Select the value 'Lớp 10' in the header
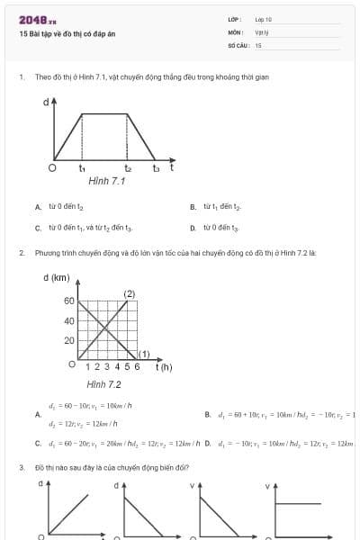pyautogui.click(x=264, y=19)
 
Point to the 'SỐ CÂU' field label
pyautogui.click(x=237, y=44)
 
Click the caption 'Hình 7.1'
pyautogui.click(x=106, y=181)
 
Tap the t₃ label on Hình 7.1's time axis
pyautogui.click(x=156, y=168)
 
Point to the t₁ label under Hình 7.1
pyautogui.click(x=82, y=168)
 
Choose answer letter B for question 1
pyautogui.click(x=193, y=207)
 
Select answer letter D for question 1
pyautogui.click(x=193, y=228)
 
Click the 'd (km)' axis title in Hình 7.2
pyautogui.click(x=57, y=278)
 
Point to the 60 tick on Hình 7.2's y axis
pyautogui.click(x=68, y=300)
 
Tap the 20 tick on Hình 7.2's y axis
pyautogui.click(x=68, y=340)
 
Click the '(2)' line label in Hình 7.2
pyautogui.click(x=129, y=293)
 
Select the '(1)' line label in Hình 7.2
pyautogui.click(x=144, y=354)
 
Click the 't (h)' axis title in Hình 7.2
pyautogui.click(x=164, y=367)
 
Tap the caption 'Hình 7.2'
pyautogui.click(x=103, y=384)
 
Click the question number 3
pyautogui.click(x=21, y=468)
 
